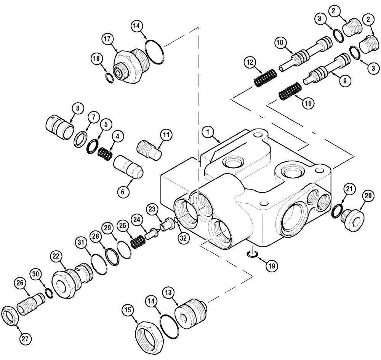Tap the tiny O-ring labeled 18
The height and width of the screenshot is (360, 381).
pyautogui.click(x=109, y=78)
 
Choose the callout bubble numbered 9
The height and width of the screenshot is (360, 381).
pyautogui.click(x=344, y=81)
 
